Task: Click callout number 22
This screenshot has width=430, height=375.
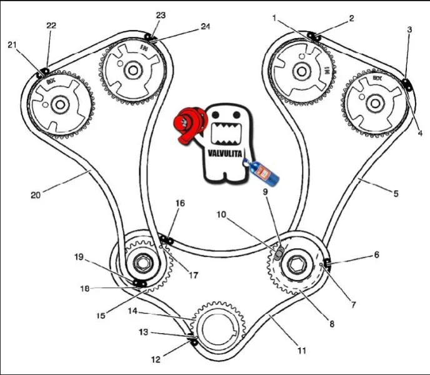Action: (x=51, y=25)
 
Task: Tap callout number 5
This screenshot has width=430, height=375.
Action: (x=395, y=194)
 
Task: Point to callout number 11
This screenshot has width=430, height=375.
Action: (x=302, y=351)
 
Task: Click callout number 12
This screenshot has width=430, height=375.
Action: (x=156, y=359)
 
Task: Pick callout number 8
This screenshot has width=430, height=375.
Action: (x=332, y=324)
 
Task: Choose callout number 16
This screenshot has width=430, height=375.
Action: (x=180, y=204)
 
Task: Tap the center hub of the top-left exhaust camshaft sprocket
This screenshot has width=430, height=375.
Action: (x=60, y=104)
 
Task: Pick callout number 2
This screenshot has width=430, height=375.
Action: (x=351, y=19)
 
